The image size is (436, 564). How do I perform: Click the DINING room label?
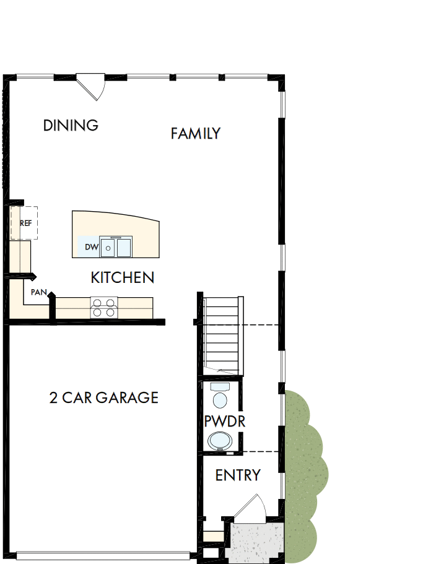(71, 125)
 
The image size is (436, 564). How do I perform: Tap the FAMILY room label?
(196, 133)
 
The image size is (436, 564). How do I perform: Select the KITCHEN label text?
(122, 277)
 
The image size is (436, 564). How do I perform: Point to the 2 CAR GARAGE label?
(103, 397)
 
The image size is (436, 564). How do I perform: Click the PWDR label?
(225, 422)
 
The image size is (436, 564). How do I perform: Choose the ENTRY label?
(238, 475)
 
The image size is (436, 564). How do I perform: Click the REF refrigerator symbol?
(25, 223)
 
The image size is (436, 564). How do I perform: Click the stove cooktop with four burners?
(104, 308)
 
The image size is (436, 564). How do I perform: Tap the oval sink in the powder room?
(219, 441)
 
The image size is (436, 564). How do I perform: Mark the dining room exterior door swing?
(92, 87)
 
